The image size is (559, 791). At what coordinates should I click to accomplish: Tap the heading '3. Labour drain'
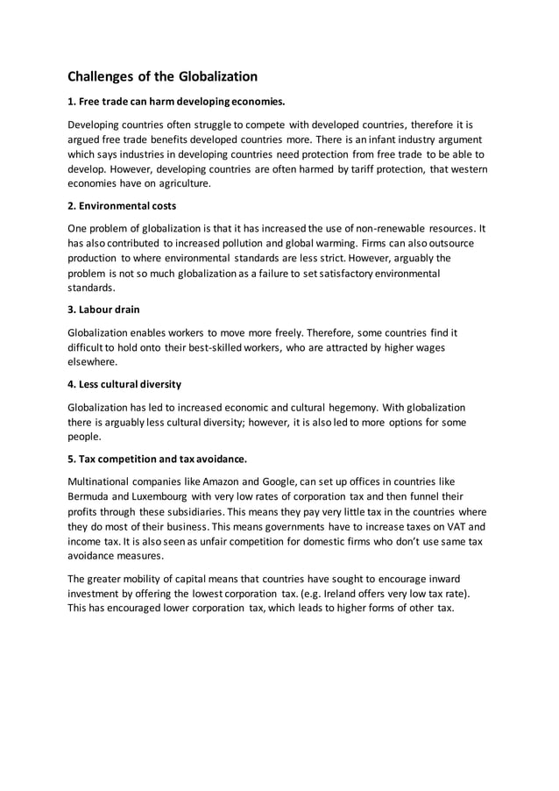point(103,310)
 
